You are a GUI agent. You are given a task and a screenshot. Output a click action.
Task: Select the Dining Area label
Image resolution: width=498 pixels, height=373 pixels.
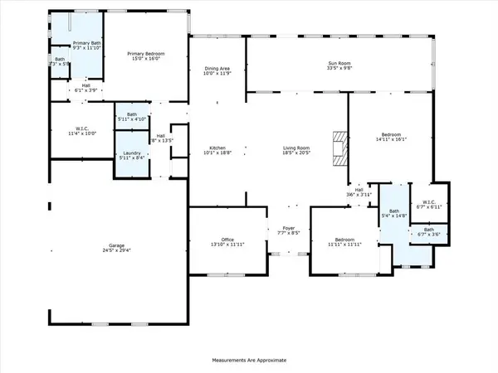[219, 68]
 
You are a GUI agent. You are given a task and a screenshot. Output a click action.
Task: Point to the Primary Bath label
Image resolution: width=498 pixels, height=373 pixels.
[86, 42]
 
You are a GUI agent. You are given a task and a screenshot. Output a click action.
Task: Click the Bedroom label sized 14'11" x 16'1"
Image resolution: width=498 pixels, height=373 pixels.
[391, 134]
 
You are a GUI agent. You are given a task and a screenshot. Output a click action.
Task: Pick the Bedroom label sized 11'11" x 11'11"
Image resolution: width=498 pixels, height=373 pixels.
[343, 241]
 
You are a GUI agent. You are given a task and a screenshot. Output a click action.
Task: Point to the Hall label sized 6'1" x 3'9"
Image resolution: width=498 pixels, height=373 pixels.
[85, 85]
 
